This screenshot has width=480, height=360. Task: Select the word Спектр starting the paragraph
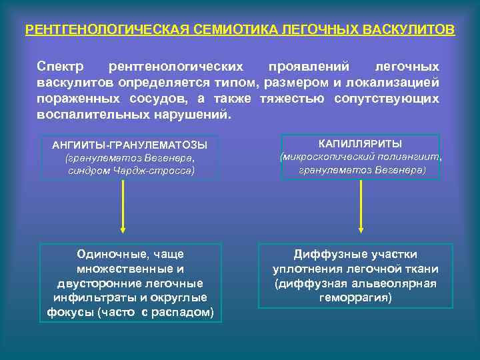pos(61,67)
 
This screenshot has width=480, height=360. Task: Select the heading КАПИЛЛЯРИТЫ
pos(360,143)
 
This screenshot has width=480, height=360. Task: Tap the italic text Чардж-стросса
pos(159,171)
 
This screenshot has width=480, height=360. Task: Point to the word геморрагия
pos(355,297)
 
